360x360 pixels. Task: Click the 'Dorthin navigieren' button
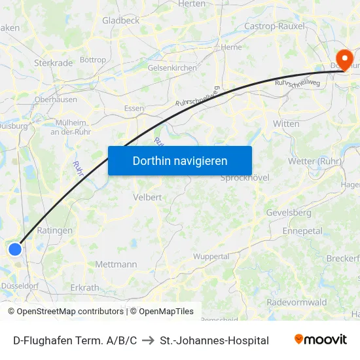coord(179,160)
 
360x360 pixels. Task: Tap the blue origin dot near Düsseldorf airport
coord(15,249)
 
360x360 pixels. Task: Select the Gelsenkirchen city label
coord(172,67)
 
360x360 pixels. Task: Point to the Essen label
coord(134,109)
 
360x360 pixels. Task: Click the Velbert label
coord(147,196)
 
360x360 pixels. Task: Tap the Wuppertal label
coord(211,256)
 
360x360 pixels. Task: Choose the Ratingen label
coord(50,230)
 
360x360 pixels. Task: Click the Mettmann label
coord(116,264)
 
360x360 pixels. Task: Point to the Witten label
coord(286,124)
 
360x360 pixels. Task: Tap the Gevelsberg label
coord(289,213)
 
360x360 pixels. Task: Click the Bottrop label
coord(93,60)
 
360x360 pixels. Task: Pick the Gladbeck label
coord(120,20)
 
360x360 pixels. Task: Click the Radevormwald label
coord(297,302)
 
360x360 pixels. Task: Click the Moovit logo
coord(320,340)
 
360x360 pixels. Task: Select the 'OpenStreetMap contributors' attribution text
coord(69,312)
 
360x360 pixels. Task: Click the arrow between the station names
coord(148,340)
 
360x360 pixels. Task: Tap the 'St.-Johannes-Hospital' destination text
coord(214,340)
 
